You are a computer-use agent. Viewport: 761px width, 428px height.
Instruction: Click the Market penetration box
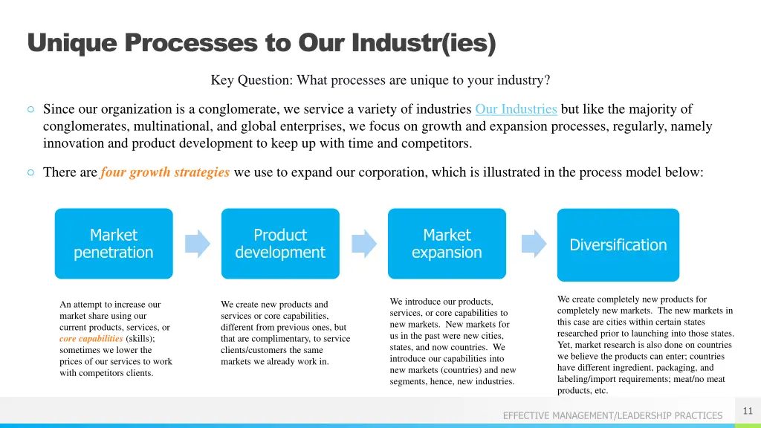tap(114, 244)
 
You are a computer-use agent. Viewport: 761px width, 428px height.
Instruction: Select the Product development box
tap(280, 244)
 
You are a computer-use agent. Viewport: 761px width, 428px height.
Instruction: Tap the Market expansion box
tap(447, 244)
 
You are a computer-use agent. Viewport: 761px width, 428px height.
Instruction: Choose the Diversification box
tap(618, 245)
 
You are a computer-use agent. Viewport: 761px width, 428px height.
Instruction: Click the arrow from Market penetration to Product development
tap(197, 244)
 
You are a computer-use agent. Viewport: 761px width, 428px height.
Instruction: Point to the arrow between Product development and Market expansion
tap(364, 244)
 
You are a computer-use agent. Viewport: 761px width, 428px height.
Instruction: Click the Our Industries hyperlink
tap(516, 109)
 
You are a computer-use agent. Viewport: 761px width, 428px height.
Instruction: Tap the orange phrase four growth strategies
tap(165, 172)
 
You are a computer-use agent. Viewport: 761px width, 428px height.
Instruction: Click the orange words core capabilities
tap(91, 338)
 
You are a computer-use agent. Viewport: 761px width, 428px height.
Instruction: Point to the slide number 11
tap(748, 411)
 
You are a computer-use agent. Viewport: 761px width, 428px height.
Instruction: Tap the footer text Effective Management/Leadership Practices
tap(612, 415)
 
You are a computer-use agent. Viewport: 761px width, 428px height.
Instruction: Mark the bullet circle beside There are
tap(30, 172)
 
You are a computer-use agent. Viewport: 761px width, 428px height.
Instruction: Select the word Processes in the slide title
tap(191, 44)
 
